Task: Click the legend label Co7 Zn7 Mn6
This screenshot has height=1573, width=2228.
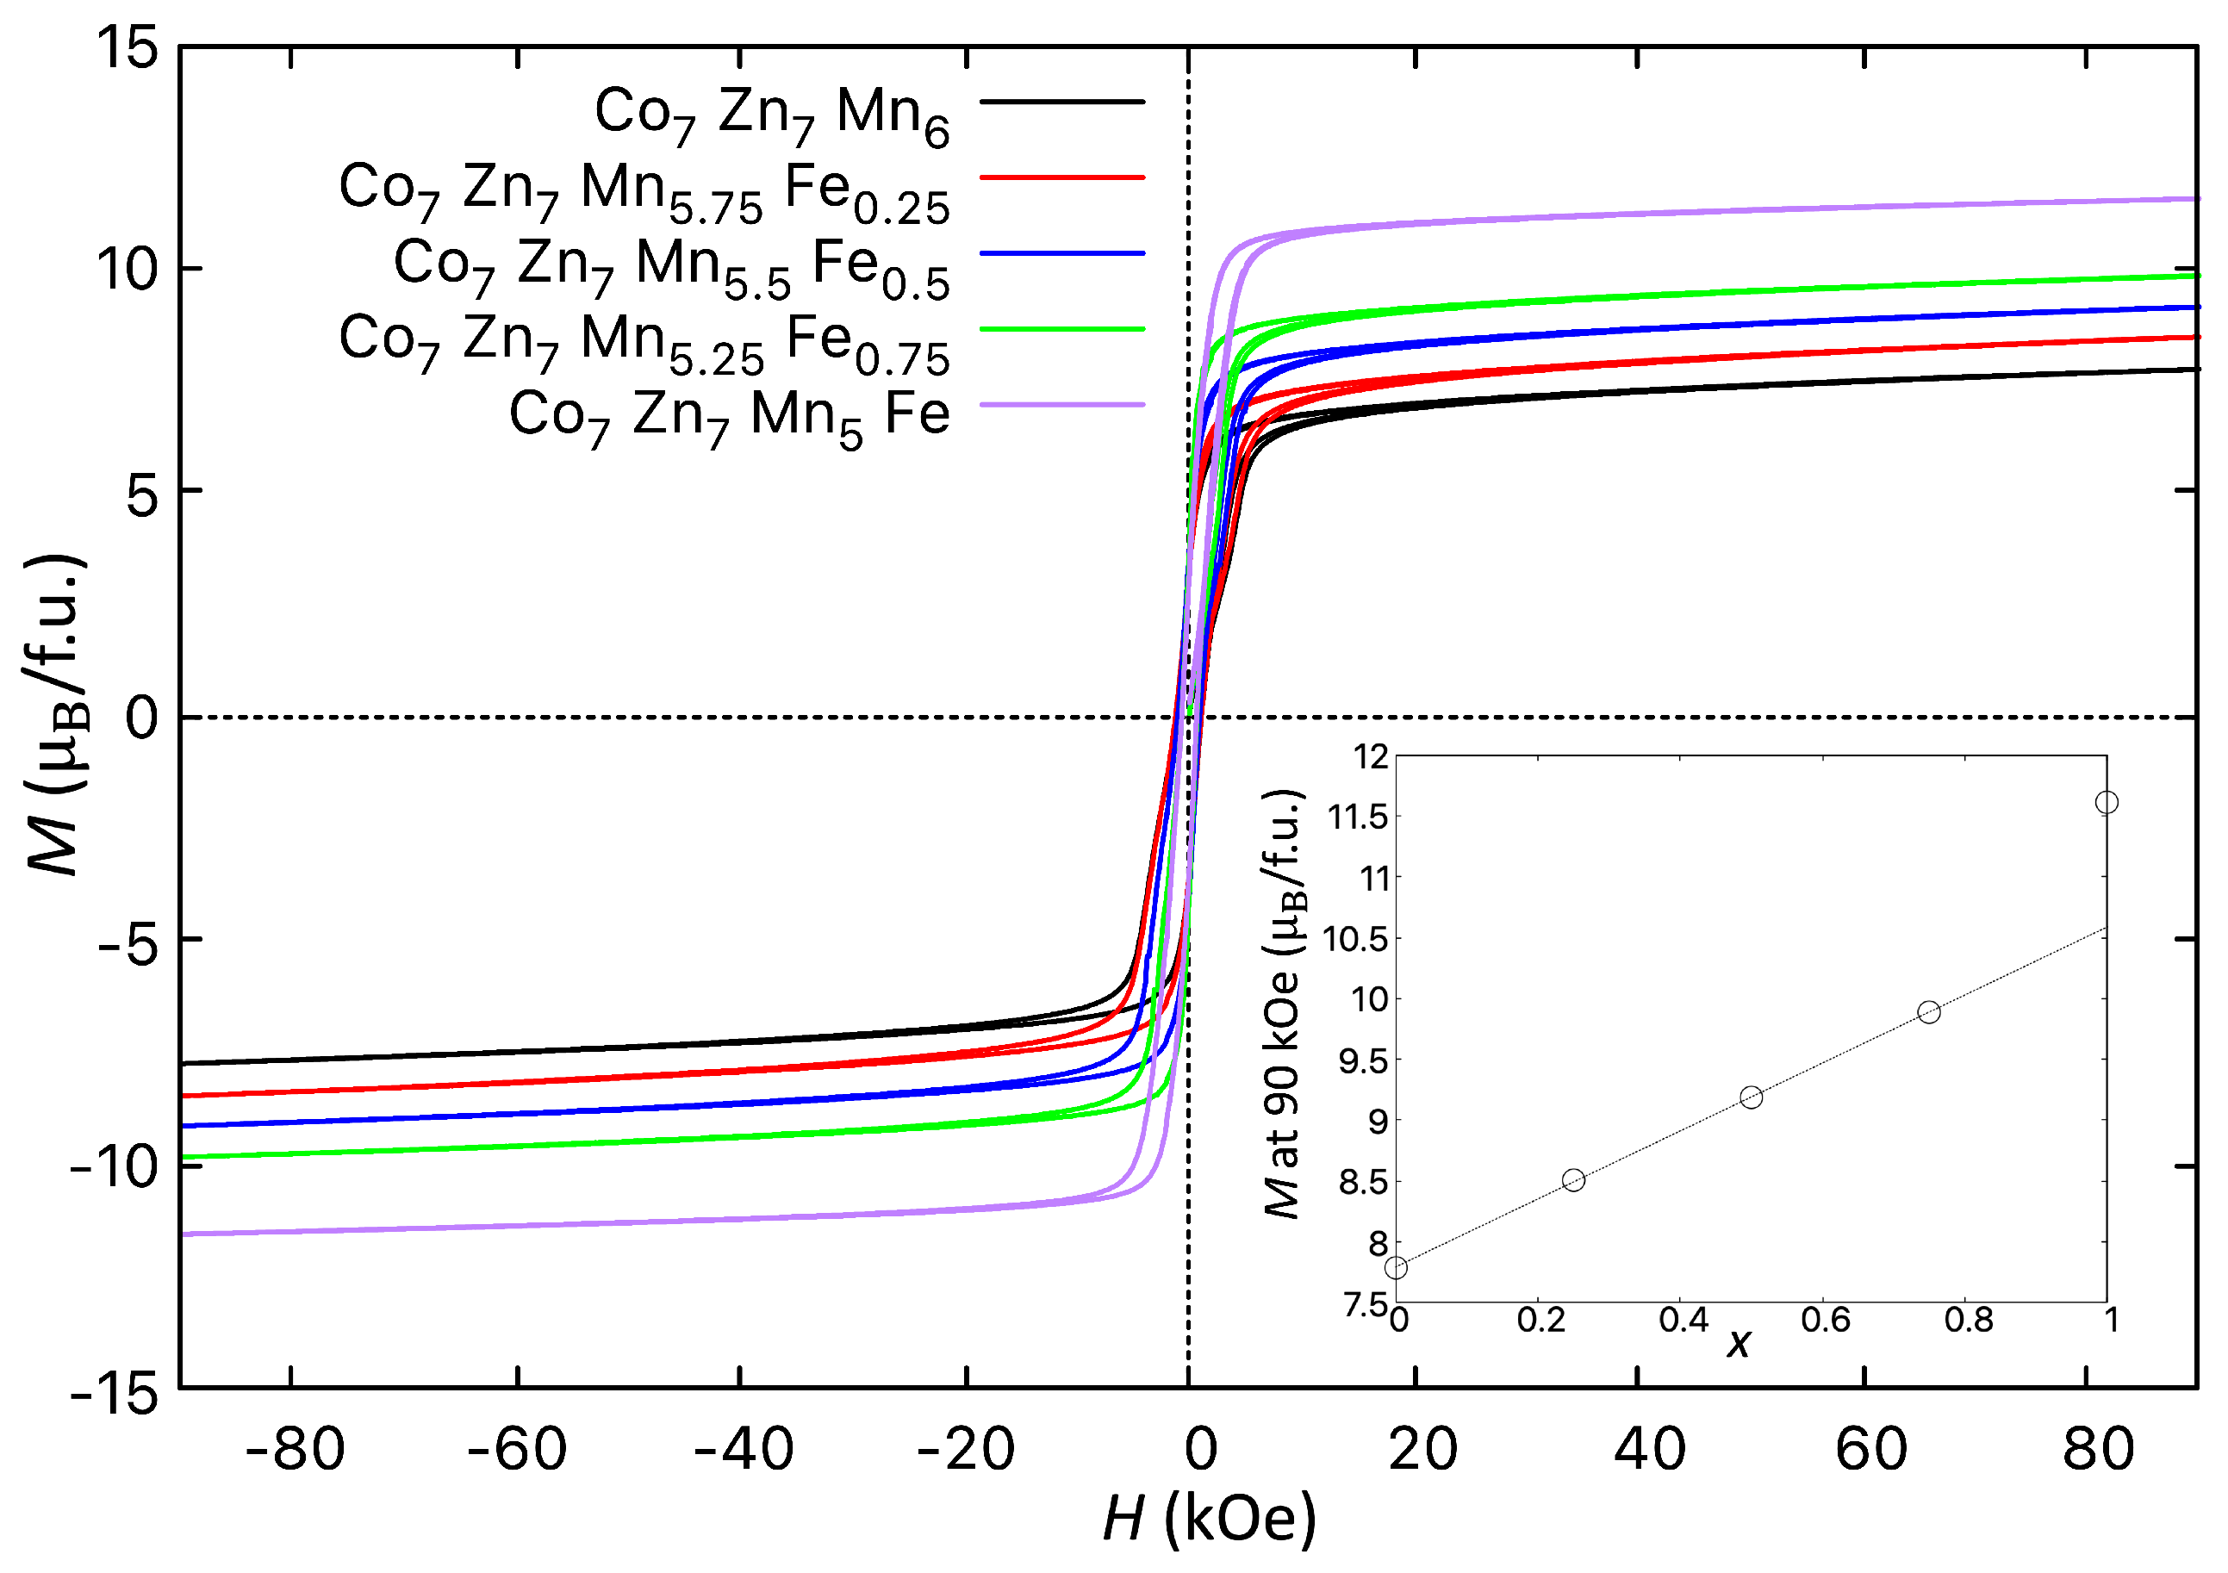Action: pos(771,113)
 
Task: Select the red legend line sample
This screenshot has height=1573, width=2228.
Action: pos(1062,177)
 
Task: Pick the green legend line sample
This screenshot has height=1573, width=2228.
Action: pos(1062,329)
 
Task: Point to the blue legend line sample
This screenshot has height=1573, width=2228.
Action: pos(1062,253)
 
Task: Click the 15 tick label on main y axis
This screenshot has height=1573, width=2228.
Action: pos(125,47)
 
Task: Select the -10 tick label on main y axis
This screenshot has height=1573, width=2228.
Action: pos(114,1166)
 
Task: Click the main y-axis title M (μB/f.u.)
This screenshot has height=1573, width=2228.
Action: pos(56,716)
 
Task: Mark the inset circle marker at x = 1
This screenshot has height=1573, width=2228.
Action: pos(2107,803)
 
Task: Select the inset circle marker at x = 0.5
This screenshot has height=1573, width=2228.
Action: pos(1752,1097)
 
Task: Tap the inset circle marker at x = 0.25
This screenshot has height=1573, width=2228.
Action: pos(1574,1180)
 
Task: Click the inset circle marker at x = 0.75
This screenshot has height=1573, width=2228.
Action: pos(1929,1012)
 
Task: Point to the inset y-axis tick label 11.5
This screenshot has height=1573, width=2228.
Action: pos(1359,817)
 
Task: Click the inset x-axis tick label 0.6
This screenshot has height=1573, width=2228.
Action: pos(1826,1321)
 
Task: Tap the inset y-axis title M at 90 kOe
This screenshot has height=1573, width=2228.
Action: pos(1283,1004)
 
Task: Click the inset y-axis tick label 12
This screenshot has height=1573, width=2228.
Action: pos(1371,757)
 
